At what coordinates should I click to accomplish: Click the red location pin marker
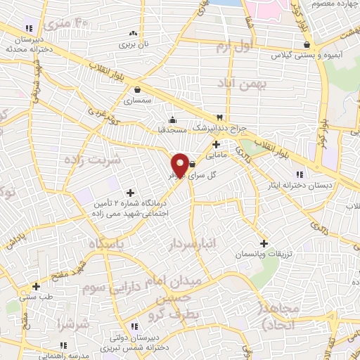click(x=180, y=164)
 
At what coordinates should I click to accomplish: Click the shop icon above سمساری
click(x=137, y=90)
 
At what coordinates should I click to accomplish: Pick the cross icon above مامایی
click(x=216, y=143)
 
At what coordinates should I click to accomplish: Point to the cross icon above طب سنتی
click(x=36, y=286)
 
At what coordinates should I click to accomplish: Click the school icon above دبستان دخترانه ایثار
click(x=300, y=174)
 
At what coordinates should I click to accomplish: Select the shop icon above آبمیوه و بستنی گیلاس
click(x=307, y=45)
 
